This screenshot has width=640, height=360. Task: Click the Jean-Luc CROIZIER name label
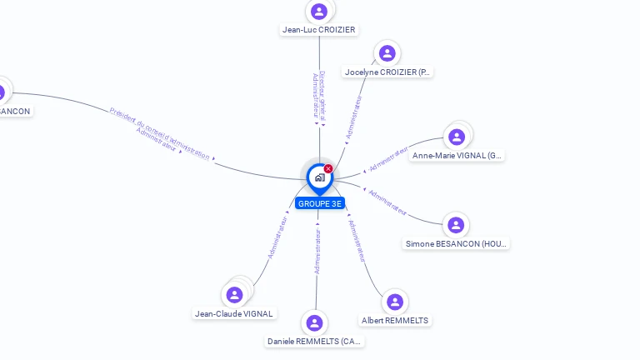[318, 30]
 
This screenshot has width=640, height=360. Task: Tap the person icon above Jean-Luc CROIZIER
[318, 12]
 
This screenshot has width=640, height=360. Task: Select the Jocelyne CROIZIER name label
[387, 72]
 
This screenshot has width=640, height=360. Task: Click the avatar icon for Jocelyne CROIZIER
[387, 53]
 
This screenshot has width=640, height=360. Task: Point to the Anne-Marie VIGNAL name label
[457, 156]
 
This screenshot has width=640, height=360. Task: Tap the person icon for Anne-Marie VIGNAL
[456, 137]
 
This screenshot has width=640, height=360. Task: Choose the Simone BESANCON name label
[456, 244]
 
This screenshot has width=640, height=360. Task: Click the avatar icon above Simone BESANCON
[455, 225]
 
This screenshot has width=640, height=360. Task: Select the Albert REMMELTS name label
[395, 320]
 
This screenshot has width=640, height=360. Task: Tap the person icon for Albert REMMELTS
[395, 302]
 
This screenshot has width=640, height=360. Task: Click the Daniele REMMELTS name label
[315, 342]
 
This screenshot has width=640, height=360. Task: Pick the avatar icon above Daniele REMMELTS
[314, 322]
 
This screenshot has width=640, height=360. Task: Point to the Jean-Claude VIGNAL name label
[234, 314]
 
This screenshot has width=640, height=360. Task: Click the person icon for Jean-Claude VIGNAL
[235, 294]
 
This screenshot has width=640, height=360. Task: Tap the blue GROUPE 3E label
[319, 203]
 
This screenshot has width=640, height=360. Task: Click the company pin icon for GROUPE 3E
[319, 177]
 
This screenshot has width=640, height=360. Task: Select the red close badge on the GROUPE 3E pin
[328, 168]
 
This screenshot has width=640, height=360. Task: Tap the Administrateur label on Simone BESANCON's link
[387, 203]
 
